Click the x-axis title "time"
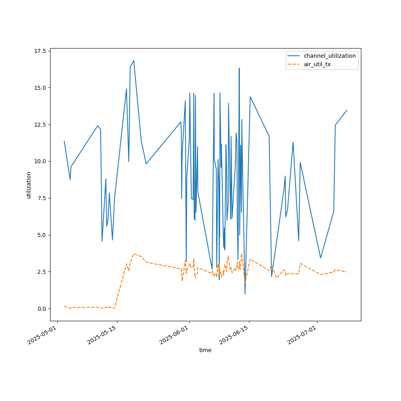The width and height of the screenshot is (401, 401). [205, 350]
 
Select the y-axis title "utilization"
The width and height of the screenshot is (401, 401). [29, 185]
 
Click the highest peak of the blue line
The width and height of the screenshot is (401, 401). [134, 61]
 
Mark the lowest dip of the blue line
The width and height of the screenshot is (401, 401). [245, 294]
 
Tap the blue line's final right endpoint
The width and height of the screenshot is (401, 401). [347, 110]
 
